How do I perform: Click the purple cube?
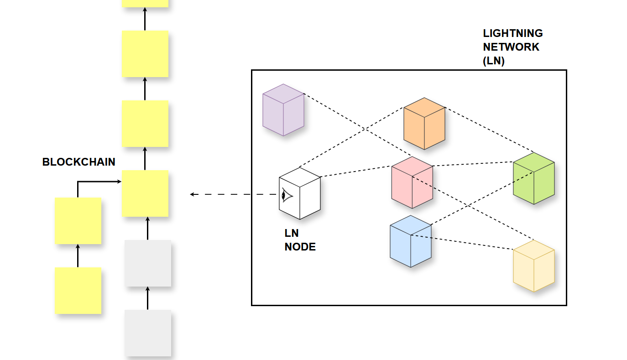tap(283, 110)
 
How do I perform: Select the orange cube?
tap(424, 124)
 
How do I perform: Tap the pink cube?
tap(412, 183)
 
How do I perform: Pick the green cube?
tap(533, 178)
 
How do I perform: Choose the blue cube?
tap(411, 241)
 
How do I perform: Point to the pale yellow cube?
tap(533, 266)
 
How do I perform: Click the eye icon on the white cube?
tap(286, 195)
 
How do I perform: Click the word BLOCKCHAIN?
tap(79, 162)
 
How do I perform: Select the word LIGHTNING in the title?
tap(513, 33)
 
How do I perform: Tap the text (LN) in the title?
tap(494, 61)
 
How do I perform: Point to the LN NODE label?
tap(300, 240)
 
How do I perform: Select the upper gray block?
tap(148, 263)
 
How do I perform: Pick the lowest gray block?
tap(148, 333)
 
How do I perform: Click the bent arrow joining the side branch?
tap(91, 182)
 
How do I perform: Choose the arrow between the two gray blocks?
tap(147, 298)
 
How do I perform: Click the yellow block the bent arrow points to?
tap(145, 193)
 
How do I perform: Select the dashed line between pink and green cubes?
tap(472, 164)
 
